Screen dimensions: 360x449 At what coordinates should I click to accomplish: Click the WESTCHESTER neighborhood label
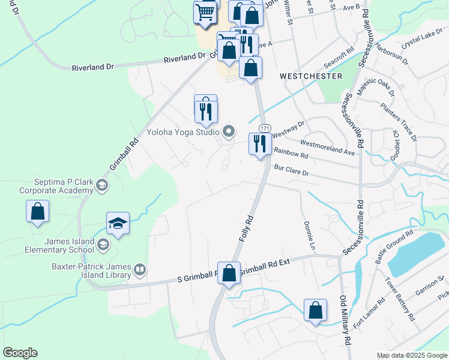[311, 76]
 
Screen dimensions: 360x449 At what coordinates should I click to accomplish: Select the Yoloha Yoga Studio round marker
[228, 131]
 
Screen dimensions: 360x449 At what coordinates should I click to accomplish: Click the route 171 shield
[264, 128]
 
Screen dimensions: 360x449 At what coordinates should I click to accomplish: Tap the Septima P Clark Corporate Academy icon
[103, 185]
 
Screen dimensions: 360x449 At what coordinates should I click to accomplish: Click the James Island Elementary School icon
[103, 244]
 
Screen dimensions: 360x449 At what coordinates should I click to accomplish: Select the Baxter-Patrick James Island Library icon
[140, 269]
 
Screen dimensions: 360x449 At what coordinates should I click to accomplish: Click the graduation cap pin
[118, 224]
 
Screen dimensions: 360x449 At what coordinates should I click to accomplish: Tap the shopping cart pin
[205, 11]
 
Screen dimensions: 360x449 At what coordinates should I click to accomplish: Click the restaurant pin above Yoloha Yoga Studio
[205, 108]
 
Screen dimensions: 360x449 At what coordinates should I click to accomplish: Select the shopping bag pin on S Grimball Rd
[229, 273]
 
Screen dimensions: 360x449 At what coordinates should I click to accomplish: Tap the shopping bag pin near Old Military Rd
[315, 310]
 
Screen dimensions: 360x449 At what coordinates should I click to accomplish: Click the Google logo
[20, 353]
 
